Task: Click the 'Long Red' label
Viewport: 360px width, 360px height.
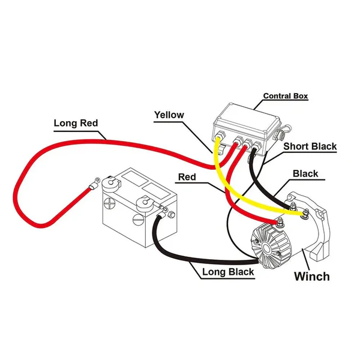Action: click(76, 124)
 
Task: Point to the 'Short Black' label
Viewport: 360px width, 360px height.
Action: click(310, 146)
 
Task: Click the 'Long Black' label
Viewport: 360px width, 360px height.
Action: click(227, 272)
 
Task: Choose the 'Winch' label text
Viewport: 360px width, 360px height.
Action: click(311, 277)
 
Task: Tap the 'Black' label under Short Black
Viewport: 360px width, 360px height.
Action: click(305, 174)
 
